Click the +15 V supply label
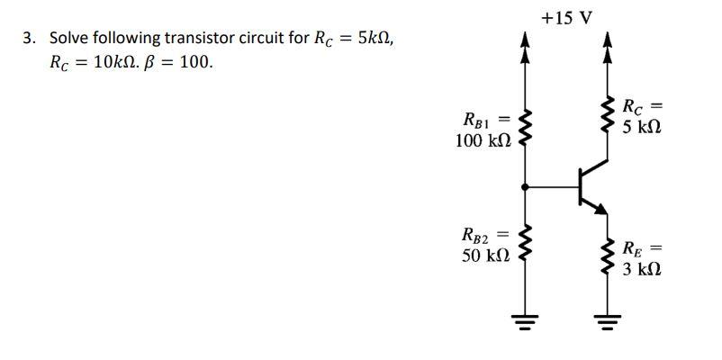pyautogui.click(x=567, y=17)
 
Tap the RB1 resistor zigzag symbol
pyautogui.click(x=524, y=130)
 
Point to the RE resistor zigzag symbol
pyautogui.click(x=606, y=257)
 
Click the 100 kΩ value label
pyautogui.click(x=483, y=141)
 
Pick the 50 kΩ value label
pyautogui.click(x=486, y=256)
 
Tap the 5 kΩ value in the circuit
pyautogui.click(x=642, y=127)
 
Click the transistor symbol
pyautogui.click(x=590, y=187)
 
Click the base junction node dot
pyautogui.click(x=524, y=187)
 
